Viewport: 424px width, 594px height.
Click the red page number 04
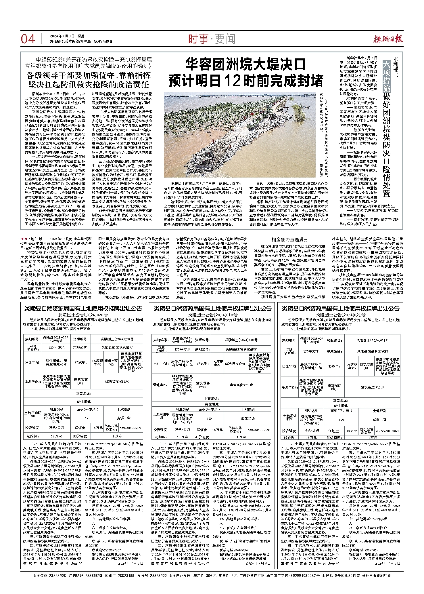28,39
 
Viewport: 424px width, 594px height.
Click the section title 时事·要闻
212,39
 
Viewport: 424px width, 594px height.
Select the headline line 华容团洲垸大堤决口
245,64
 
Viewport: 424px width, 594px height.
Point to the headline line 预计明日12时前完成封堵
246,81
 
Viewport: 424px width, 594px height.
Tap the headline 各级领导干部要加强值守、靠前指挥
89,76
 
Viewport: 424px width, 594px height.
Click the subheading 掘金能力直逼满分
290,239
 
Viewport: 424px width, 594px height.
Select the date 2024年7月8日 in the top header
62,36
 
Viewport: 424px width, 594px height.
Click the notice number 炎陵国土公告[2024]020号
83,315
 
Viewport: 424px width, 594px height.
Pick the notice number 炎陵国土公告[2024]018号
212,315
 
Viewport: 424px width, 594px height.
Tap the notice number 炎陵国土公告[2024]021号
341,315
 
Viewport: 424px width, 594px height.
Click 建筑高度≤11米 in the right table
373,387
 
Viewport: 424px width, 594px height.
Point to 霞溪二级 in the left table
124,418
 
